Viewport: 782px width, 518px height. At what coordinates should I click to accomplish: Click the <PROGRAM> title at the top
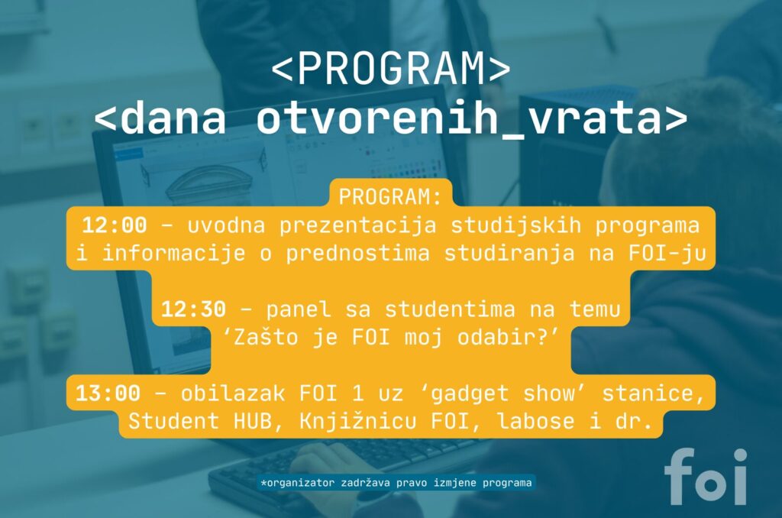pos(391,68)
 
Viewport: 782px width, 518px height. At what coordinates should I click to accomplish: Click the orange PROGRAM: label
pos(390,196)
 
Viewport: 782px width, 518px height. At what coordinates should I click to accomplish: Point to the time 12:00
pos(115,225)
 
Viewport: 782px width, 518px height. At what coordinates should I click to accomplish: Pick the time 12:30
pos(193,309)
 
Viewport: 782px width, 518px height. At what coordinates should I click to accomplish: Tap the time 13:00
pos(108,393)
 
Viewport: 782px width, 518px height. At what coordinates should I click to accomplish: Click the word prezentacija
pos(357,226)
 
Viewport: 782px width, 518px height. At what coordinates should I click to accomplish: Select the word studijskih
pos(515,226)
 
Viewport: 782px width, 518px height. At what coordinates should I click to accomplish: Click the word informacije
pos(173,254)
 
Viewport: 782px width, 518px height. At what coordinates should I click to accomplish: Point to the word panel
pos(299,310)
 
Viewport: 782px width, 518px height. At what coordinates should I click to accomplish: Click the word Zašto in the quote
pos(266,338)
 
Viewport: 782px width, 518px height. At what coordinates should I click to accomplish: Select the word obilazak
pos(232,393)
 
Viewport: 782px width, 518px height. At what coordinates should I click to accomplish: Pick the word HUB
pos(252,421)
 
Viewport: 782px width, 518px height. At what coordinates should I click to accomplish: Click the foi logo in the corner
pos(706,477)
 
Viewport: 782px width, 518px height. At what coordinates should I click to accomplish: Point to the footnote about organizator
pos(396,483)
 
